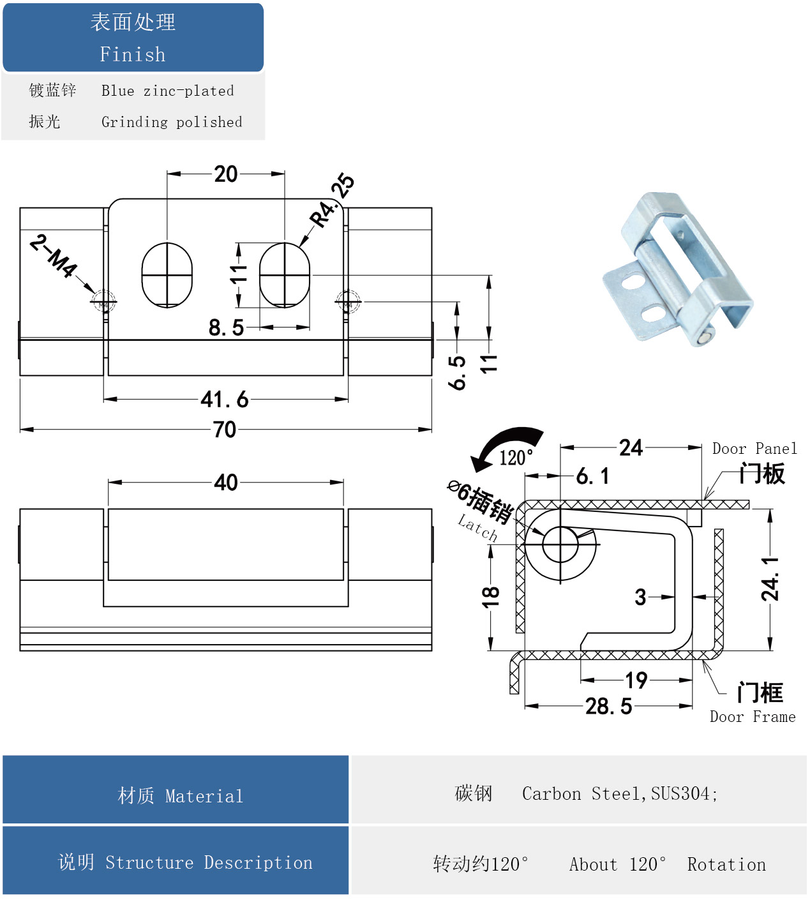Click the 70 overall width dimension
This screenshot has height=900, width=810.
coord(225,430)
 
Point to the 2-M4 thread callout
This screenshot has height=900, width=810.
coord(54,255)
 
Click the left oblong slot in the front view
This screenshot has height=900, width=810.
coord(167,275)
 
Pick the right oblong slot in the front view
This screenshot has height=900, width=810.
coord(285,275)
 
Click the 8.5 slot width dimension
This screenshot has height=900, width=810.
coord(226,327)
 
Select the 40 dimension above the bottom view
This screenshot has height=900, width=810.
coord(226,483)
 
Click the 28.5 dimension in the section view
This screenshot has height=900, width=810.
coord(608,707)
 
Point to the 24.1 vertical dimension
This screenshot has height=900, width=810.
coord(770,579)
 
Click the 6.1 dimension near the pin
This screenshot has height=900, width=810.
coord(592,476)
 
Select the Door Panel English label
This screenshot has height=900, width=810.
coord(754,449)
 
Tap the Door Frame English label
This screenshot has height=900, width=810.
coord(753,717)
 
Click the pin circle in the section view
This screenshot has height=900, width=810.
coord(560,544)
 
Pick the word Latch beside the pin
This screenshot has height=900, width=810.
coord(477,528)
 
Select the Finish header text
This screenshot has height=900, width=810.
coord(133,54)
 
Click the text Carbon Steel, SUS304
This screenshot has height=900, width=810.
coord(619,793)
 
